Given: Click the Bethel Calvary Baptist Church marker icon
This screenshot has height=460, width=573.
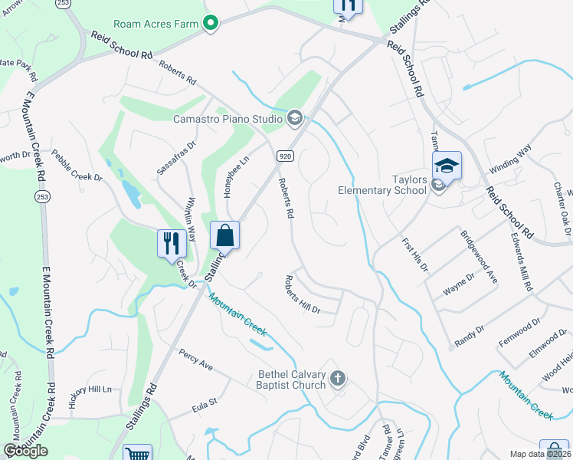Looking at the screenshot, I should tap(339, 378).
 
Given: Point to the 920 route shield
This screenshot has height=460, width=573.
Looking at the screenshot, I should tap(283, 155).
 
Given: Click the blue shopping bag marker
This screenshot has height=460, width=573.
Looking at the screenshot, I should tap(224, 235).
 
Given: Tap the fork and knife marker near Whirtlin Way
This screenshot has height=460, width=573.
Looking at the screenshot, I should tap(172, 243).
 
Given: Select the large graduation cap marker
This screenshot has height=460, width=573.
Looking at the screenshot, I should tap(447, 164).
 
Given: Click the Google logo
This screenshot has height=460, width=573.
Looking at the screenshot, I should tap(25, 450).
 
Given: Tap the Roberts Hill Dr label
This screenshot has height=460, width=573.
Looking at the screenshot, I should tap(303, 295).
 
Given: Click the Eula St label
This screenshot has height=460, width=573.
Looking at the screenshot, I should tap(205, 400).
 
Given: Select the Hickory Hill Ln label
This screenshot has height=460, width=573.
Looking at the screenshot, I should tap(90, 389).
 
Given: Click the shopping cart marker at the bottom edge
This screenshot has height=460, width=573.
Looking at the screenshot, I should tap(137, 453).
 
